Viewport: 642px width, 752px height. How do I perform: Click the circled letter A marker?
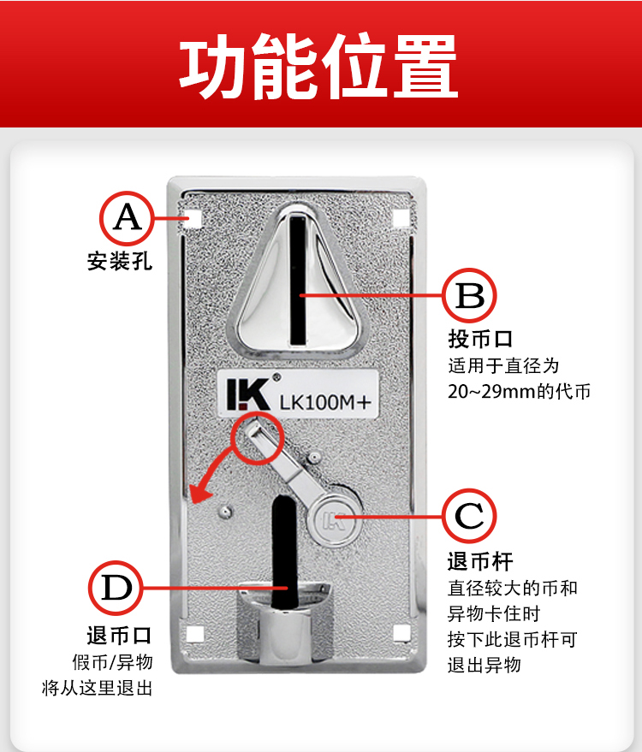[x=128, y=219]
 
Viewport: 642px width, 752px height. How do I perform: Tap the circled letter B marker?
[x=469, y=295]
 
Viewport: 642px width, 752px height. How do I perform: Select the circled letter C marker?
[x=469, y=516]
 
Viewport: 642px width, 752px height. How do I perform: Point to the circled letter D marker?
[x=116, y=588]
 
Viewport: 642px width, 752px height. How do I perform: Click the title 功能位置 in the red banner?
[x=318, y=65]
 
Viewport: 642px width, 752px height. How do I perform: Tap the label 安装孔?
[x=120, y=262]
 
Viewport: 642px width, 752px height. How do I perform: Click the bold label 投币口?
[x=480, y=339]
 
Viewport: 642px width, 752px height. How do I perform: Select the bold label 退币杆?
[x=480, y=561]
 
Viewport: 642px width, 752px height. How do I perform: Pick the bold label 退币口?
[x=120, y=636]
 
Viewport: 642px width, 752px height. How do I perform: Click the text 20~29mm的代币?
[x=520, y=391]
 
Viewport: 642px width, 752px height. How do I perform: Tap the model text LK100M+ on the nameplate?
[x=325, y=402]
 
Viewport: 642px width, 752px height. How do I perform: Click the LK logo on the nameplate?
[x=248, y=394]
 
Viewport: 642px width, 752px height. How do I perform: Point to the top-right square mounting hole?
[x=401, y=218]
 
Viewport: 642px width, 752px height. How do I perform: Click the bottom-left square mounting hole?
[x=194, y=634]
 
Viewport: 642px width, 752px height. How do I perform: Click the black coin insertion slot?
[x=298, y=280]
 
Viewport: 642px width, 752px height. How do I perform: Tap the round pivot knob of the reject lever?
[x=335, y=520]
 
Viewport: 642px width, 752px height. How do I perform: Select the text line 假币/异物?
[x=112, y=662]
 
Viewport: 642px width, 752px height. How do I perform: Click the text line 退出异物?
[x=484, y=666]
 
